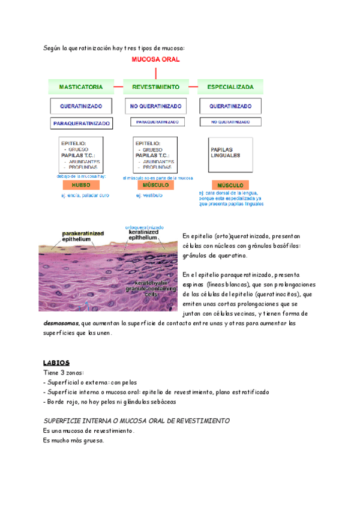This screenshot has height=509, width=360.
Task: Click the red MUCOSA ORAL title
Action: (155, 60)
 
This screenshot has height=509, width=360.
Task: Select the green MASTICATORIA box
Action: (81, 86)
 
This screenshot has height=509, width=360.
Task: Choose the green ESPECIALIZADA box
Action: (230, 86)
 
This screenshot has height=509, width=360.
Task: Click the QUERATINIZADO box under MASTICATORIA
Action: (81, 107)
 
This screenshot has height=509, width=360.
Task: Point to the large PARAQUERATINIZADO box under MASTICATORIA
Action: (81, 123)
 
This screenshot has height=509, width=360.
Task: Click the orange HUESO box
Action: (81, 185)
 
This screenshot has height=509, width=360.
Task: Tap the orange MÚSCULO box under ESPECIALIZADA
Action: (230, 185)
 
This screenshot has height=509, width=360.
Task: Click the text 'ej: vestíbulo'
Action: (150, 195)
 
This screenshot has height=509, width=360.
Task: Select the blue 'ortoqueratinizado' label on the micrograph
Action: (145, 227)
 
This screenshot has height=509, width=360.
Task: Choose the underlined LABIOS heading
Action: (57, 363)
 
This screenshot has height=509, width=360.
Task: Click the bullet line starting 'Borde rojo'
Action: (118, 402)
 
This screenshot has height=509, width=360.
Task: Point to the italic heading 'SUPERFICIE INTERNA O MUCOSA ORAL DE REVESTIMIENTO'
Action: (137, 421)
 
